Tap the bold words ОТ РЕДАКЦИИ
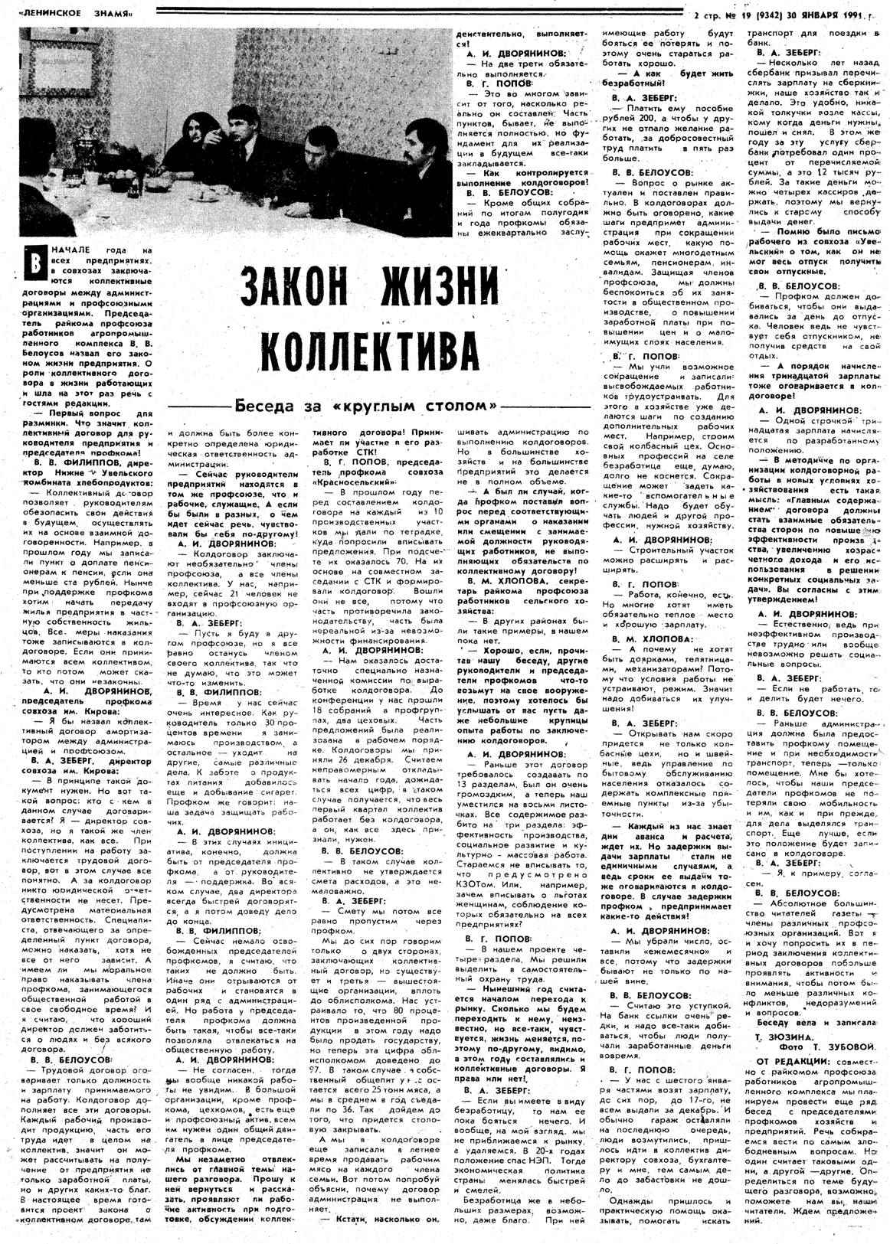[x=792, y=1060]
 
